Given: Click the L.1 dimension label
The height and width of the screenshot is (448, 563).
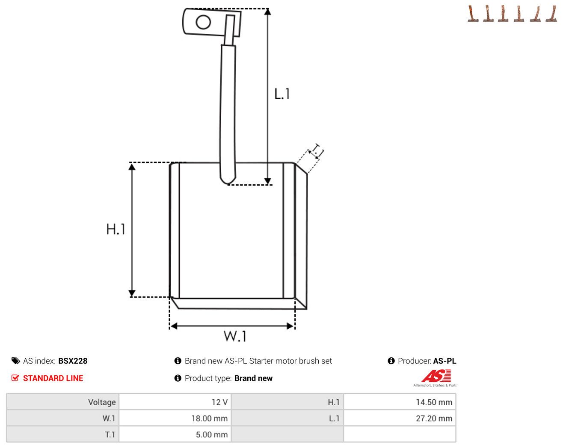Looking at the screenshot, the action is coord(282,94).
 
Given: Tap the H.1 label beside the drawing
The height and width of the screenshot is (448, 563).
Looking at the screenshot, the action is coord(116,229).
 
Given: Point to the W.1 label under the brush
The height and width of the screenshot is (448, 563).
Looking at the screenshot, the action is coord(235,336).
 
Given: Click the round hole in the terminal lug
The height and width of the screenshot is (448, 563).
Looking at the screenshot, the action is coord(203,22).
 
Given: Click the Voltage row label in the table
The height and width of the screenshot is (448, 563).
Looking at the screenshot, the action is coord(102,402).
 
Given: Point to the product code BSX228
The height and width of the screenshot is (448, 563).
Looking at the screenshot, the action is coord(73,361).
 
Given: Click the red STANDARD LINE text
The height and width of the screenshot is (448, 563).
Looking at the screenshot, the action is coord(53,378).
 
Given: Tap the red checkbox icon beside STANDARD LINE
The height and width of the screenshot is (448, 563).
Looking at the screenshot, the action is coord(15,378).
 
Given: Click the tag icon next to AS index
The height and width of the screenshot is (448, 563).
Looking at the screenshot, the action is coord(16,361).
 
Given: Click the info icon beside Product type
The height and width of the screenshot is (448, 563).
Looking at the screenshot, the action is coord(178,378).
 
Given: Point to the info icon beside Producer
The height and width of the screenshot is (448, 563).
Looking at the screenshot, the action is coord(391,361).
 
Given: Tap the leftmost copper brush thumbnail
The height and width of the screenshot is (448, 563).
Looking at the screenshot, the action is coord(473,13).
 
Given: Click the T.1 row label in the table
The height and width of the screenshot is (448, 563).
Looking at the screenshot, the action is coord(110,434).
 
